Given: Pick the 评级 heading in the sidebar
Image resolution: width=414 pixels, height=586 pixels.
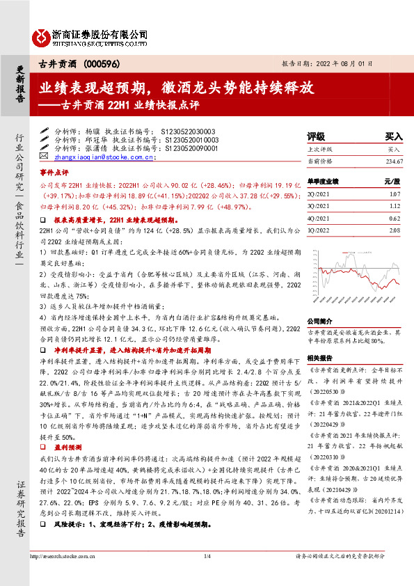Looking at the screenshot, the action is click(317, 137).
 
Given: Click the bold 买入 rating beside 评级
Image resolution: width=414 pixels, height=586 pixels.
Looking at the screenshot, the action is click(394, 137).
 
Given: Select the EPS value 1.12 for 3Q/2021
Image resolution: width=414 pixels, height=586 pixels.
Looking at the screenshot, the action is click(396, 206).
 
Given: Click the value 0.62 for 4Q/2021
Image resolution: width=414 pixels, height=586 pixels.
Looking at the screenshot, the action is click(396, 219).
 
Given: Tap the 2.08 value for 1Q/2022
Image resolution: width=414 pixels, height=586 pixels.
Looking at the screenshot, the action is click(396, 230).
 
